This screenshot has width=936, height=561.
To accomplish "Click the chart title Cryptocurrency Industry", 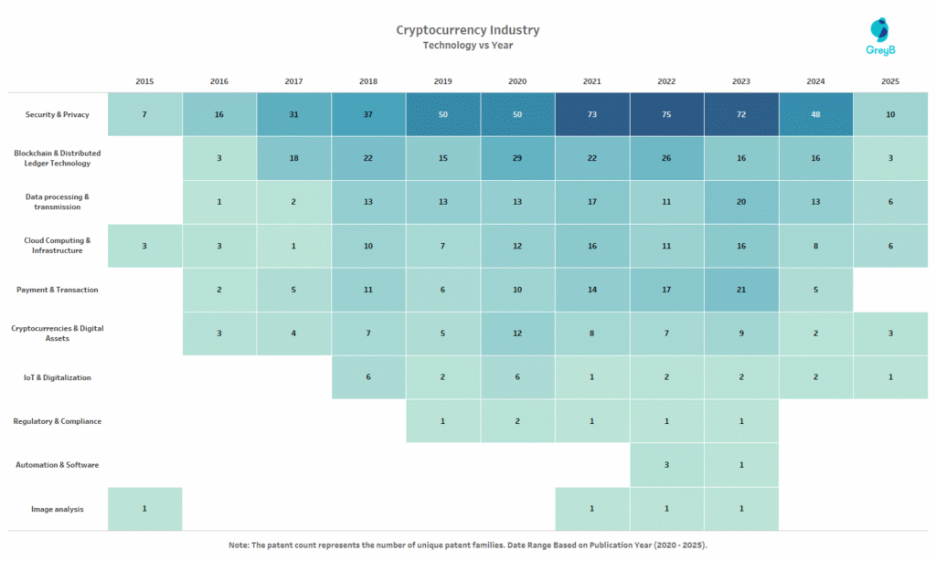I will pyautogui.click(x=467, y=30).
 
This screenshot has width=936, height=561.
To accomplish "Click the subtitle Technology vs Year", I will pyautogui.click(x=467, y=46).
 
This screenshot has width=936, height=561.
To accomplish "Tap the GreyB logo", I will pyautogui.click(x=879, y=37).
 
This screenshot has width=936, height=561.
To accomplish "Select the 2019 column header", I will pyautogui.click(x=443, y=81).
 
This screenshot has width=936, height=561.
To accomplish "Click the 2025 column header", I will pyautogui.click(x=890, y=81).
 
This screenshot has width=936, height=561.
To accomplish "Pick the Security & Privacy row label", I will pyautogui.click(x=56, y=114).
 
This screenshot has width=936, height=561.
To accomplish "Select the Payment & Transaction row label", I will pyautogui.click(x=57, y=290).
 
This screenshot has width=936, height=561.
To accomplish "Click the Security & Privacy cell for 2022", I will pyautogui.click(x=666, y=114).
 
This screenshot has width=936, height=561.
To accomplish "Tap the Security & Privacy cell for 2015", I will pyautogui.click(x=144, y=114).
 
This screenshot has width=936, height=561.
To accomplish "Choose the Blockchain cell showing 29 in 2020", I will pyautogui.click(x=517, y=158).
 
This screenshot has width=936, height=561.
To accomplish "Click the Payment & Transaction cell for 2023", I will pyautogui.click(x=741, y=290).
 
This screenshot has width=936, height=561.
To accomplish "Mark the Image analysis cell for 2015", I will pyautogui.click(x=144, y=509).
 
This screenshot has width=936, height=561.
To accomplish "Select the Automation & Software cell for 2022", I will pyautogui.click(x=666, y=465).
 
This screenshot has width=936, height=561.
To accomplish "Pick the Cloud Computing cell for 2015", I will pyautogui.click(x=144, y=246).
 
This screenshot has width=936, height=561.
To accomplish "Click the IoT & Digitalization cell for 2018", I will pyautogui.click(x=368, y=377).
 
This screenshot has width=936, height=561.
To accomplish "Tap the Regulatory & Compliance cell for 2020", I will pyautogui.click(x=517, y=421).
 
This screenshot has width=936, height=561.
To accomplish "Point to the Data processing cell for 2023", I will pyautogui.click(x=741, y=202).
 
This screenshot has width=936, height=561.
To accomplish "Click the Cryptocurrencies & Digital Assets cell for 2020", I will pyautogui.click(x=517, y=333).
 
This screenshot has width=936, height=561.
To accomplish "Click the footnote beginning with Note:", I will pyautogui.click(x=467, y=545).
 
